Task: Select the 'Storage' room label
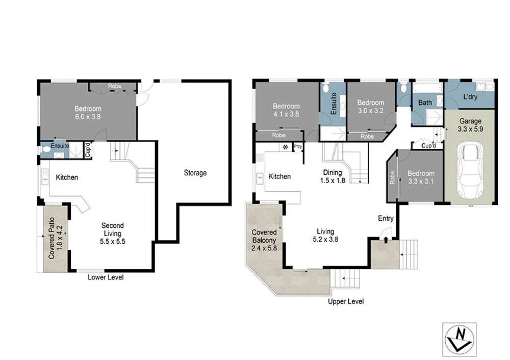tap(195, 173)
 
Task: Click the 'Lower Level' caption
tap(106, 277)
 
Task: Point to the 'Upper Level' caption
tap(346, 301)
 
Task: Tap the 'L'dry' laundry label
tap(470, 97)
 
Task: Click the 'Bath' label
tap(425, 102)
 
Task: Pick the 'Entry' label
tap(386, 218)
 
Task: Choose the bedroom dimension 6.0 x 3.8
tap(88, 116)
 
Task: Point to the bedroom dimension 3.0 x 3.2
tap(370, 110)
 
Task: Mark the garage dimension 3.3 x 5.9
tap(470, 129)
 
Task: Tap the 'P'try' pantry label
tap(298, 146)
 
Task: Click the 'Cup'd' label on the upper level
tap(428, 146)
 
